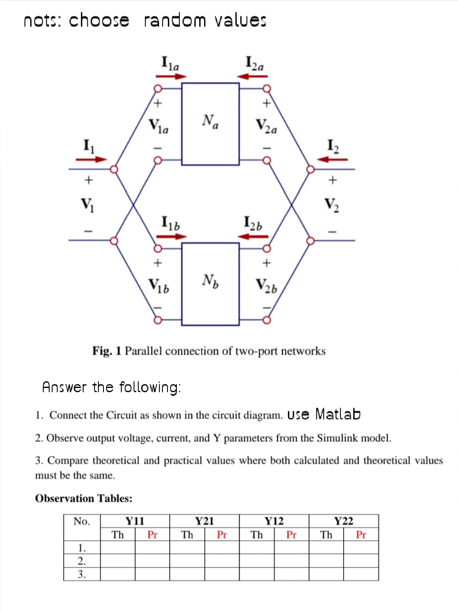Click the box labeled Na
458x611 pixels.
tap(210, 124)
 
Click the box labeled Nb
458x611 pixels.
tap(210, 284)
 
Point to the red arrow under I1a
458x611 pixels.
tap(171, 76)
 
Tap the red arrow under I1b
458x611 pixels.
tap(171, 236)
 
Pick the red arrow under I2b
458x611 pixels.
tap(253, 236)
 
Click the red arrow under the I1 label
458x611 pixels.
tap(91, 159)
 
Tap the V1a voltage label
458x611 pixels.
tap(158, 126)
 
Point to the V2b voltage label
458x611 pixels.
tap(266, 286)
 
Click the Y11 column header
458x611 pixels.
tap(135, 521)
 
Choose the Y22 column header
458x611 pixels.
tap(343, 521)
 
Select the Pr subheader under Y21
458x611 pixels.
tap(222, 535)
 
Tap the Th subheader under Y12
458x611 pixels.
tap(257, 535)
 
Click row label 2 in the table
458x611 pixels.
tap(82, 561)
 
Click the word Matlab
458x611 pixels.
tap(338, 414)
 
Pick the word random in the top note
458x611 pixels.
tap(175, 20)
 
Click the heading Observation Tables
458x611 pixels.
tap(84, 498)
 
